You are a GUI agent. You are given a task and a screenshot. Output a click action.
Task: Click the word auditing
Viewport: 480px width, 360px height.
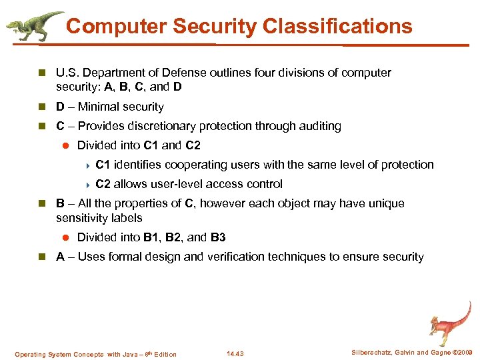pyautogui.click(x=319, y=126)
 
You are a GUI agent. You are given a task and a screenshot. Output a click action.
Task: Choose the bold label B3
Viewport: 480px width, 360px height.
pyautogui.click(x=218, y=237)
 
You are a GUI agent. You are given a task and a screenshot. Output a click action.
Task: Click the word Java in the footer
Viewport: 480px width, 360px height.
pyautogui.click(x=132, y=355)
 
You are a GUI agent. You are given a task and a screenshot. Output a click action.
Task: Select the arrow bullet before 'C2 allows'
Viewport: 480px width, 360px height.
pyautogui.click(x=87, y=185)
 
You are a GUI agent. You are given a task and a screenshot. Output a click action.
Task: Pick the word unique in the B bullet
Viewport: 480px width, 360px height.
pyautogui.click(x=387, y=203)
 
